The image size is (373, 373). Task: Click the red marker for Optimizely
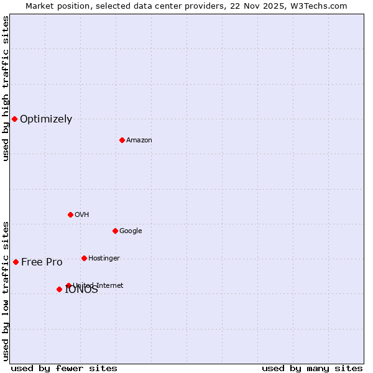14,119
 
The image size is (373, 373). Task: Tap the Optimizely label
46,119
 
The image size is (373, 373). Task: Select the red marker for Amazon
122,140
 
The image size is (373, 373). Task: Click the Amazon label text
139,140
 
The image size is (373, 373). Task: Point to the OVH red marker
70,214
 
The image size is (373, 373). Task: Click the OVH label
82,215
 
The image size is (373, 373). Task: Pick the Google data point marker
115,231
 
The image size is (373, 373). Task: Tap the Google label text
131,231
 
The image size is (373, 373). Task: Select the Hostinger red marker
84,258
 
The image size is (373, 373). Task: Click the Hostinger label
104,259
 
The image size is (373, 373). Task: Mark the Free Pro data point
16,262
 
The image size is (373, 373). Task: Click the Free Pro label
42,262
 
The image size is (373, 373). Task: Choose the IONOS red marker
59,289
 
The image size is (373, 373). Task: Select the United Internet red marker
68,285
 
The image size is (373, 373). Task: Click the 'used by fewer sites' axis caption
64,368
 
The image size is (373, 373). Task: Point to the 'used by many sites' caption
312,368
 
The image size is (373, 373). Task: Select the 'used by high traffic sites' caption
6,88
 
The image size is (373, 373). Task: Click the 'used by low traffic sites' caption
6,291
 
